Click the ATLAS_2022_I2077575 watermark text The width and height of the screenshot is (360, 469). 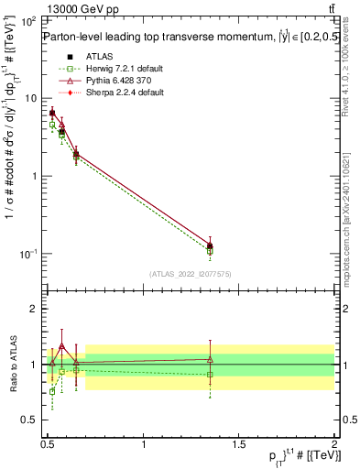pyautogui.click(x=190, y=274)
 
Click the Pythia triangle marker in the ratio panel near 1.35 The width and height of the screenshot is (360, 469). pyautogui.click(x=210, y=359)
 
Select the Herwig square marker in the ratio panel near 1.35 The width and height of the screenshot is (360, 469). pyautogui.click(x=210, y=374)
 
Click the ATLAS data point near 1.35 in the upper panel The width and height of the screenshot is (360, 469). pyautogui.click(x=210, y=245)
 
